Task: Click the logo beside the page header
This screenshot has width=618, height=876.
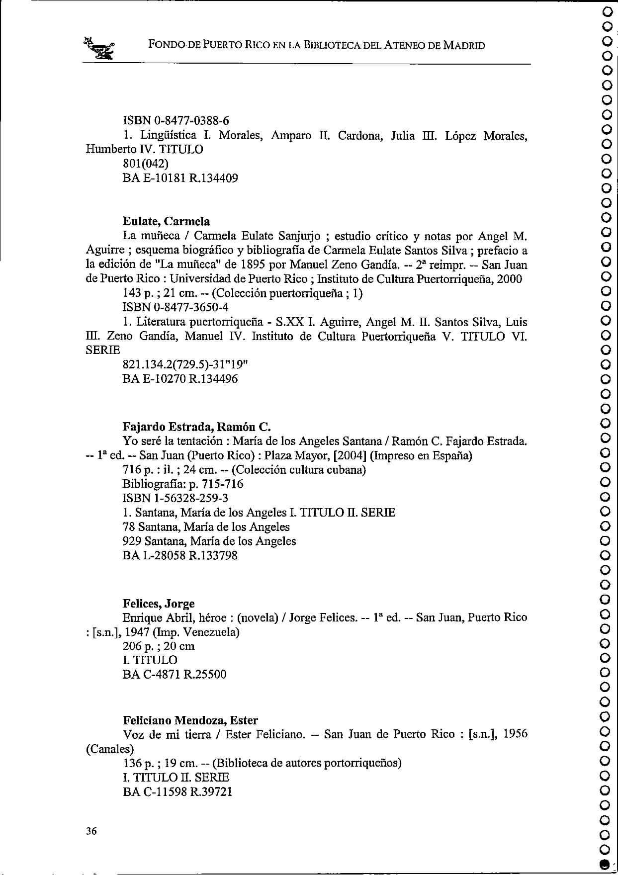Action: point(100,48)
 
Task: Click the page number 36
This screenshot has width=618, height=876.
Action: point(91,831)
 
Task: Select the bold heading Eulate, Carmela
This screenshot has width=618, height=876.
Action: point(166,221)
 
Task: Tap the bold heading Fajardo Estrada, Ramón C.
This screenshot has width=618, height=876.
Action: point(196,427)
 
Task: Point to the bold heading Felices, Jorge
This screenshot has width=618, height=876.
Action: point(159,604)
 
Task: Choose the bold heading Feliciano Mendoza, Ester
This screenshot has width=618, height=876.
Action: point(190,720)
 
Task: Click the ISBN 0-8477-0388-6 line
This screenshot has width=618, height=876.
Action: point(176,120)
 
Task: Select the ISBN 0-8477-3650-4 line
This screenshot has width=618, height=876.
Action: point(176,307)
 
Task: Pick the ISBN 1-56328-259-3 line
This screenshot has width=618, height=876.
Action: point(176,498)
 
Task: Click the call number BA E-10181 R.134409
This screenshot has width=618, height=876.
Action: point(180,178)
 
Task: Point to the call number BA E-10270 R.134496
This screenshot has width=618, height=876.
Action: point(180,379)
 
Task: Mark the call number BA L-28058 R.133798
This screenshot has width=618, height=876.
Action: point(180,555)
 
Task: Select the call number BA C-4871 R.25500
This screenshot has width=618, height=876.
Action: point(174,674)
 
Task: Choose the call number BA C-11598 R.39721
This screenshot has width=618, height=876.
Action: point(177,791)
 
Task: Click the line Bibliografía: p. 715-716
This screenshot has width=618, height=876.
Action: point(183,484)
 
